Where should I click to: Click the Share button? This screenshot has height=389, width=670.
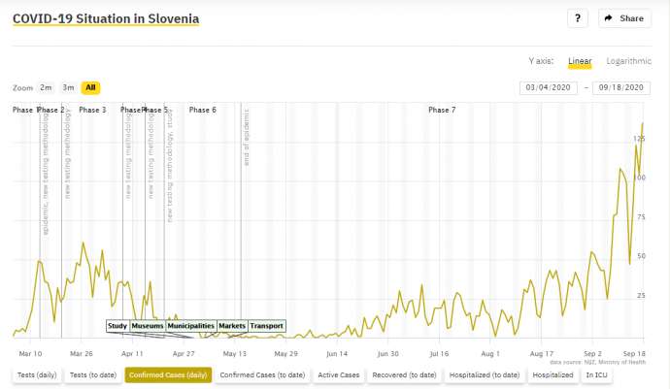[x=624, y=18]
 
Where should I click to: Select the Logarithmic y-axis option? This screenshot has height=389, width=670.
[x=628, y=61]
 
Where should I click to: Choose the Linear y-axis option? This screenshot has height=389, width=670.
[x=580, y=61]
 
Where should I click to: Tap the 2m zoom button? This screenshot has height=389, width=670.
[x=46, y=87]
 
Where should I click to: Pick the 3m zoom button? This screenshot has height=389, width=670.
[x=68, y=87]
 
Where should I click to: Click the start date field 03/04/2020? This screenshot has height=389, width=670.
[x=550, y=87]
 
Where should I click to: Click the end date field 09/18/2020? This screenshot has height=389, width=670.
[x=623, y=87]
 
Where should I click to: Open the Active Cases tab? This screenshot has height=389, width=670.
[x=338, y=374]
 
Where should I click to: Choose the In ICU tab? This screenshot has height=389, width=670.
[x=598, y=374]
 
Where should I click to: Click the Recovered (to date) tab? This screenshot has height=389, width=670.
[x=404, y=374]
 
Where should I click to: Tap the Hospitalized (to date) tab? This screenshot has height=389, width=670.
[x=491, y=374]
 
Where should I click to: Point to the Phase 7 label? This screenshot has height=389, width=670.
[x=441, y=110]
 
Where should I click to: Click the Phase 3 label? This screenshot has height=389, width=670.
[x=92, y=110]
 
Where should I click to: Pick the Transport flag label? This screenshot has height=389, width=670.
[x=267, y=326]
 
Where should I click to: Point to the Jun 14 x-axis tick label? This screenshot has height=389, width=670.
[x=337, y=354]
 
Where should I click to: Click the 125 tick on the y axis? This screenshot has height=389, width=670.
[x=639, y=140]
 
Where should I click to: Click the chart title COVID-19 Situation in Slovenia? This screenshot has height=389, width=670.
[x=106, y=18]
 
